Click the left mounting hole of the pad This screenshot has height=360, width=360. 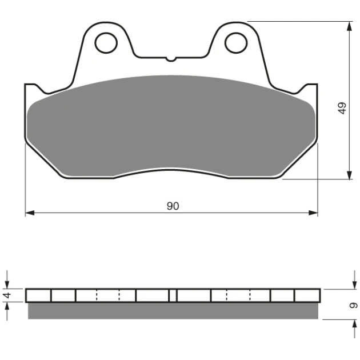106,43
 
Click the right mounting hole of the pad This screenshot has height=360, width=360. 236,43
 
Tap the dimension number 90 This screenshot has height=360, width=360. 173,206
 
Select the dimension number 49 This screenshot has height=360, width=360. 342,108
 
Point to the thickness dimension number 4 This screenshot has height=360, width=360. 7,295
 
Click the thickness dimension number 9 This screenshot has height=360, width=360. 353,305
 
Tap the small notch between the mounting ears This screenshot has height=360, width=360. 171,59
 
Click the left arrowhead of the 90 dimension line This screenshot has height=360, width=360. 30,213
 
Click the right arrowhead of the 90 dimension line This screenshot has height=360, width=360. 313,213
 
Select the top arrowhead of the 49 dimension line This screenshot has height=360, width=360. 349,26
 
